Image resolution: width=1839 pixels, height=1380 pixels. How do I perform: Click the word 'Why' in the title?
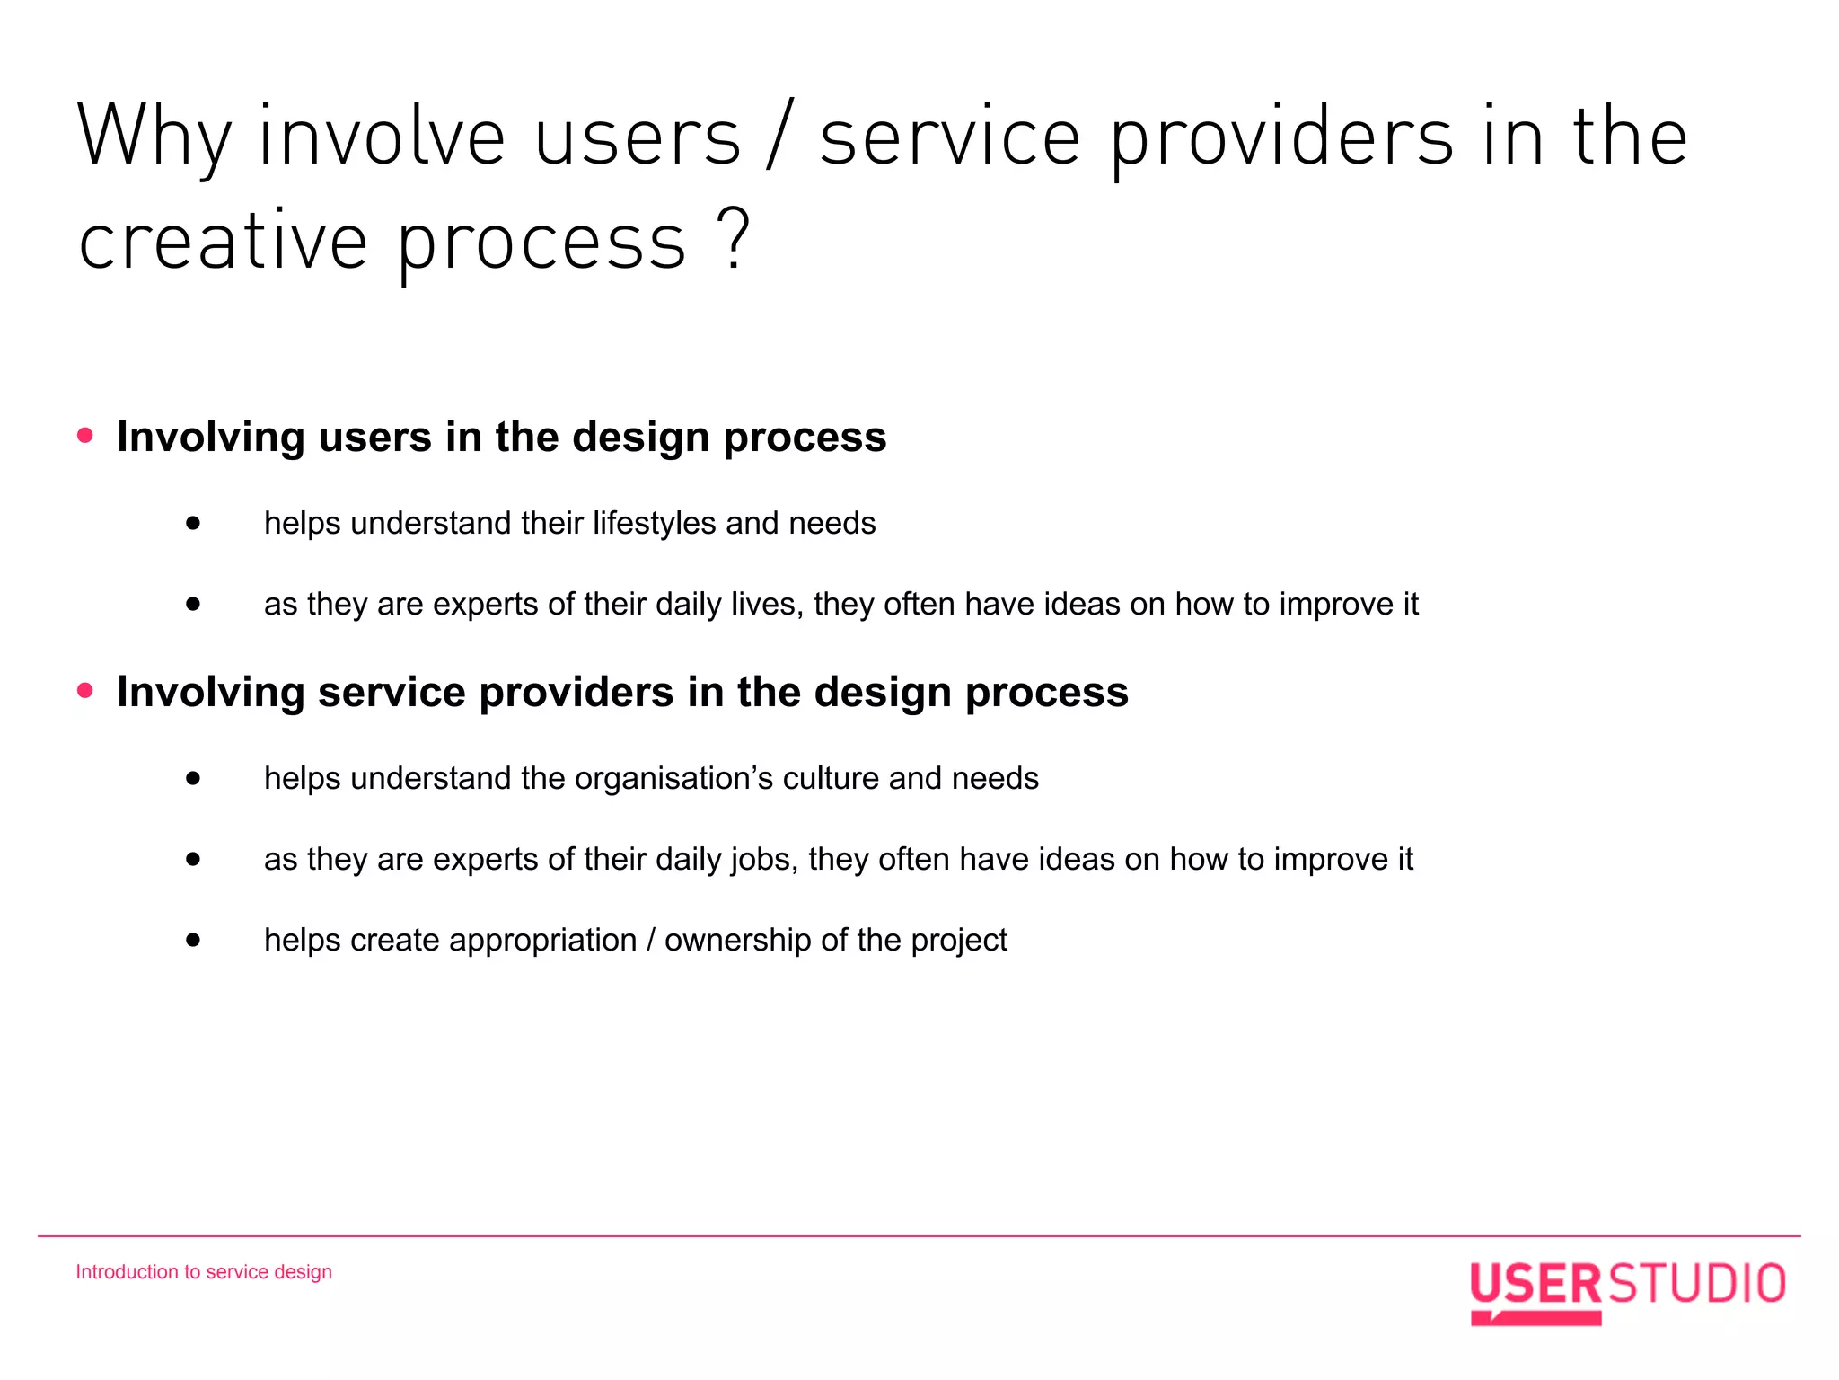click(x=154, y=137)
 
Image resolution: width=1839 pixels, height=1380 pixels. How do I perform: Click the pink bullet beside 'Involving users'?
click(x=85, y=436)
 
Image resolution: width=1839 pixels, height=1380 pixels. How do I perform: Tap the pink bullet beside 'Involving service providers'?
click(x=85, y=691)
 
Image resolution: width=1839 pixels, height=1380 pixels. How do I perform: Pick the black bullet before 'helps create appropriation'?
click(x=193, y=940)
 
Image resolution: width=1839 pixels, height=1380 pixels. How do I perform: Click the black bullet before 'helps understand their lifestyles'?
click(x=193, y=523)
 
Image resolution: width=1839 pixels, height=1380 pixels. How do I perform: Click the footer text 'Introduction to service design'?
click(x=204, y=1272)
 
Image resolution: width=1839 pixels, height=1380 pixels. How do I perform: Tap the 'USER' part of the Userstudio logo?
click(x=1535, y=1283)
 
